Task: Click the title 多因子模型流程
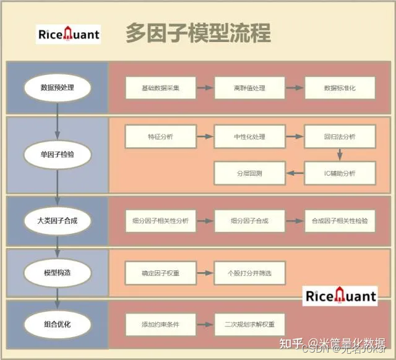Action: click(198, 33)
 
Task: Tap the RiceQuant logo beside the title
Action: click(69, 35)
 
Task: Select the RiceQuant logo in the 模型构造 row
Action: click(340, 296)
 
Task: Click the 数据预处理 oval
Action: click(57, 88)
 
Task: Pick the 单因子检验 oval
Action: click(57, 155)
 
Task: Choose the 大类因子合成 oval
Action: click(57, 220)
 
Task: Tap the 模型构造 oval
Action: click(57, 272)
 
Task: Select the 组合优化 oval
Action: click(57, 323)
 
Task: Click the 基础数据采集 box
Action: click(160, 88)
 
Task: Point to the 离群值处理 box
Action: click(249, 88)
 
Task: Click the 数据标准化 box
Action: click(340, 88)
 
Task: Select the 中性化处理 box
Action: click(249, 136)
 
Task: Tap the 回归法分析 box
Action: click(340, 136)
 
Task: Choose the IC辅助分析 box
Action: click(340, 173)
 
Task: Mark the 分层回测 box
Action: click(249, 173)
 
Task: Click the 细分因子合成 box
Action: click(249, 220)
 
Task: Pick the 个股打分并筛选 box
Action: click(249, 272)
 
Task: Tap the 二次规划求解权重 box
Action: click(249, 323)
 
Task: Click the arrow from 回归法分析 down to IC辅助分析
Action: click(340, 154)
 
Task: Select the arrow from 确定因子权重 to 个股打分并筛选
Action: click(205, 272)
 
